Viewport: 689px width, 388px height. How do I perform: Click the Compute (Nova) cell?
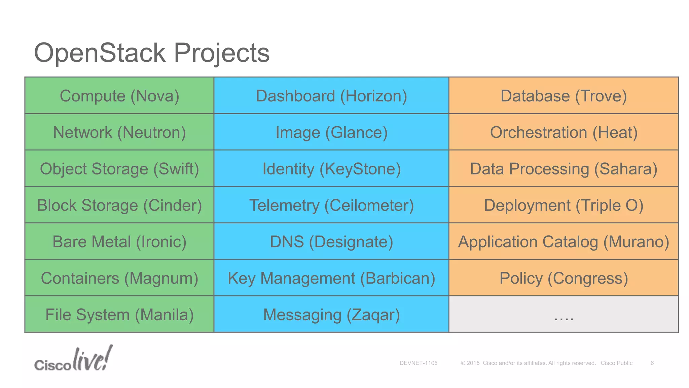(119, 96)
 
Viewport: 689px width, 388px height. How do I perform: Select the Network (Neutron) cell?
(119, 132)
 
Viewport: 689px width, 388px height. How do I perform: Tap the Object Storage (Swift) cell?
(119, 168)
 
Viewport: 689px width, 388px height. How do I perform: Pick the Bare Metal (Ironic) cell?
(119, 241)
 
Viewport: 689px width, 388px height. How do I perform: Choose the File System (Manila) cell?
(119, 314)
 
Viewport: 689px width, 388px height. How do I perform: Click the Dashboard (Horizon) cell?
(331, 96)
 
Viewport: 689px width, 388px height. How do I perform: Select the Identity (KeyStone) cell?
(331, 168)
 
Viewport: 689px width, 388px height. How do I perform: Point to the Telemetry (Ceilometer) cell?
(331, 205)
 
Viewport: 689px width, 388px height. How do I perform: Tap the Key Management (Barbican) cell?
(331, 278)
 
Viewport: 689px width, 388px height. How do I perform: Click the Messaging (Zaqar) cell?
(331, 314)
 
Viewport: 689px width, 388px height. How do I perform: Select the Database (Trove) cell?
(564, 96)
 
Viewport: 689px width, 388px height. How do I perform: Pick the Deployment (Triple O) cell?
(564, 205)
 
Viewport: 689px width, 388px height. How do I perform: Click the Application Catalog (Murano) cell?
(564, 241)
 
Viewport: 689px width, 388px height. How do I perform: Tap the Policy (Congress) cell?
(564, 278)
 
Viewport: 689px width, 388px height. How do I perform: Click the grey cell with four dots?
(564, 314)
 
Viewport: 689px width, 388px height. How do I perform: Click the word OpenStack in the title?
(100, 53)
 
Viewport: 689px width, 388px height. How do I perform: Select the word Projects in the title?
(221, 53)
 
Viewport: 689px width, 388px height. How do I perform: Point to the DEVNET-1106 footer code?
(418, 363)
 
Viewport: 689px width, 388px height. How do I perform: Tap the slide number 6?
(652, 363)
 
